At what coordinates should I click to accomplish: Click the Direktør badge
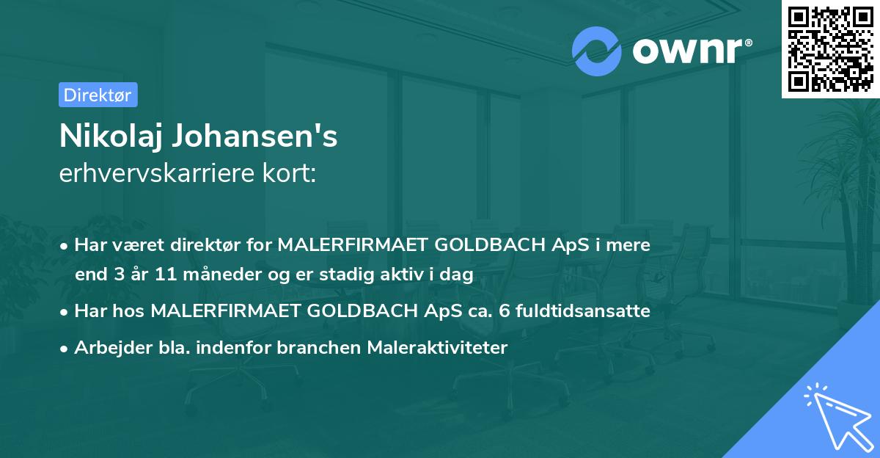coord(98,95)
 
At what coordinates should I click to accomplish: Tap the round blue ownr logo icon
coord(597,51)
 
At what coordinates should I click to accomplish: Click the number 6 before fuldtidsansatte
coord(502,311)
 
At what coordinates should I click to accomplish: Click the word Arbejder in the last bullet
coord(107,348)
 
